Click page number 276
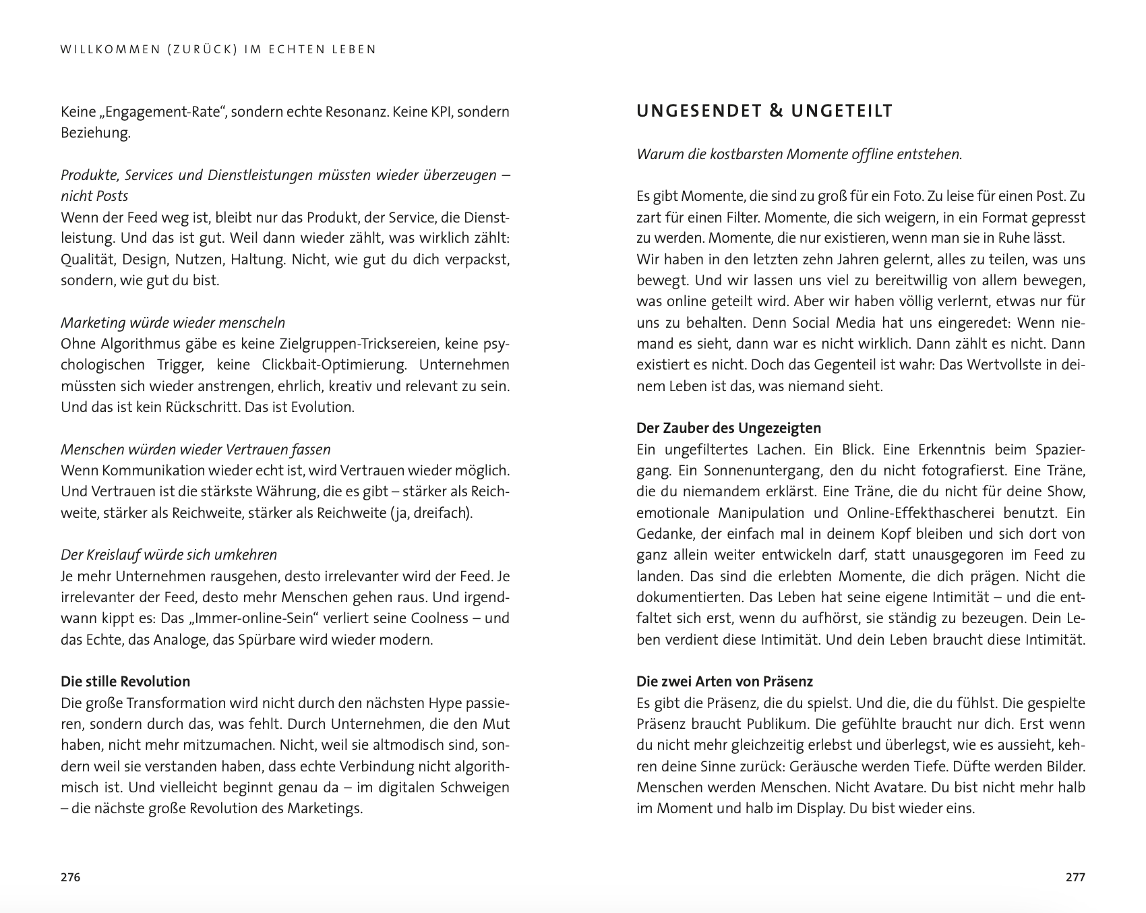click(x=70, y=877)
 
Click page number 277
click(x=1075, y=877)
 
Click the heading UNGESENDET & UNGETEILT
click(x=764, y=111)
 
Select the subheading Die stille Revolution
click(x=125, y=681)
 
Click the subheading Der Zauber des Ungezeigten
click(x=729, y=428)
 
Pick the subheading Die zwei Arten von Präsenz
click(x=725, y=681)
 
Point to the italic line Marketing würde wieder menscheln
click(x=173, y=322)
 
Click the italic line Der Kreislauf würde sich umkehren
click(x=169, y=554)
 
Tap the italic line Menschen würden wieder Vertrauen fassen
click(x=195, y=449)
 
